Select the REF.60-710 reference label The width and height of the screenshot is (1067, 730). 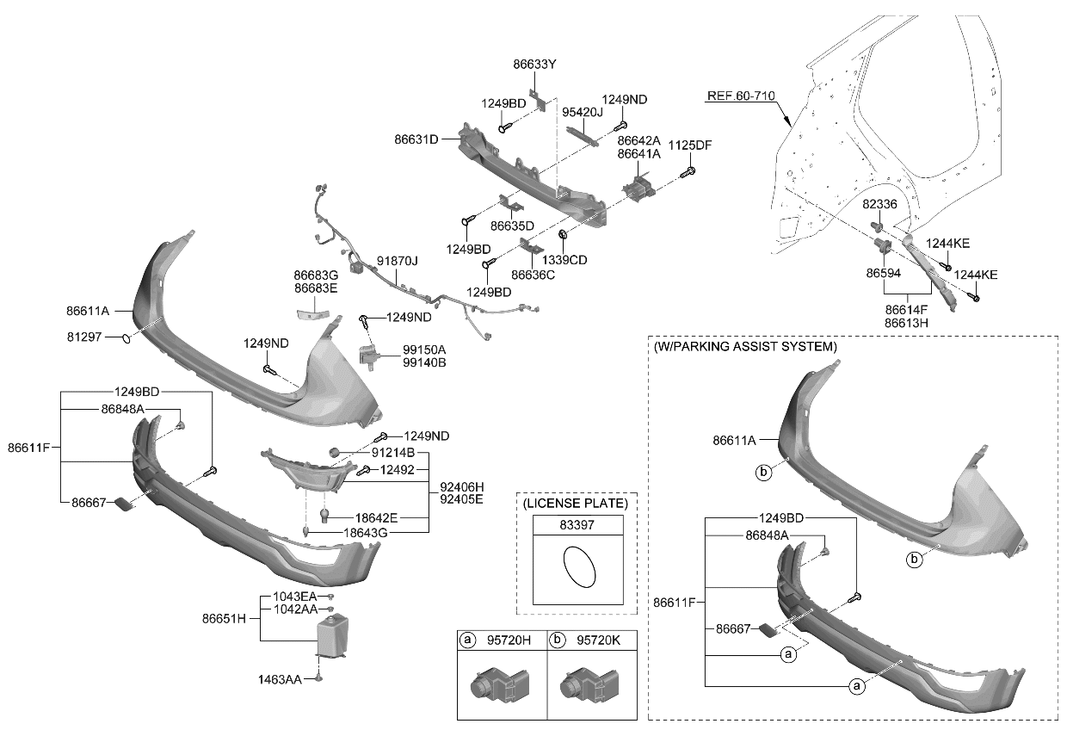(x=742, y=97)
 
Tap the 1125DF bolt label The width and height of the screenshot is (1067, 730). (x=690, y=145)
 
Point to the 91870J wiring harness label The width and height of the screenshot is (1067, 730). (x=397, y=261)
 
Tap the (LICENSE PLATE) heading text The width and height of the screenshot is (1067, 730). (x=575, y=502)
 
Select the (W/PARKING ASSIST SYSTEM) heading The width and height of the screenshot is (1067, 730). (x=744, y=347)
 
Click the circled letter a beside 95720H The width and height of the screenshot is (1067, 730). (x=468, y=640)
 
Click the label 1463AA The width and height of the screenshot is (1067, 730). (x=281, y=680)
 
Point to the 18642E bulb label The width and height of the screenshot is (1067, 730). (x=377, y=517)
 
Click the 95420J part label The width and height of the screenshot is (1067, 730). (x=583, y=112)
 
